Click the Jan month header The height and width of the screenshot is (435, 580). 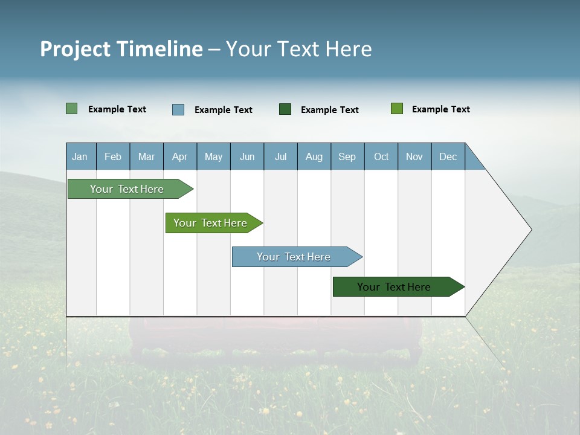click(x=80, y=156)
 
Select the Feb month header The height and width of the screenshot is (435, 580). click(x=113, y=156)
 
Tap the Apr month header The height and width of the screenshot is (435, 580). click(x=180, y=156)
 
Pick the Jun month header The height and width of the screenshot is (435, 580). click(x=247, y=156)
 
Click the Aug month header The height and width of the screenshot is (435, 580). click(x=314, y=156)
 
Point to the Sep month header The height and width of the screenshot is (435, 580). click(x=347, y=156)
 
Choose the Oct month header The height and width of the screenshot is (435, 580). click(x=381, y=156)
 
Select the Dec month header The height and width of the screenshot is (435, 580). click(x=448, y=156)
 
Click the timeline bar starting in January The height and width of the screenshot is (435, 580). click(x=127, y=189)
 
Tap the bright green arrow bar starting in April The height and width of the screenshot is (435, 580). click(x=210, y=223)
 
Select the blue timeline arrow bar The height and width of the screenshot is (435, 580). click(x=294, y=257)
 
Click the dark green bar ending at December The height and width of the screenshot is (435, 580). click(x=394, y=287)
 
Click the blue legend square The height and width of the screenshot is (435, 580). click(x=178, y=109)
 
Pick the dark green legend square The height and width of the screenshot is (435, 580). click(x=285, y=109)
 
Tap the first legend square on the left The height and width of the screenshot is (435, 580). click(x=71, y=109)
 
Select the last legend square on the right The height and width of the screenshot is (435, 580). click(x=397, y=109)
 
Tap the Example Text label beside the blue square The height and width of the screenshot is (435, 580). click(x=224, y=110)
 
